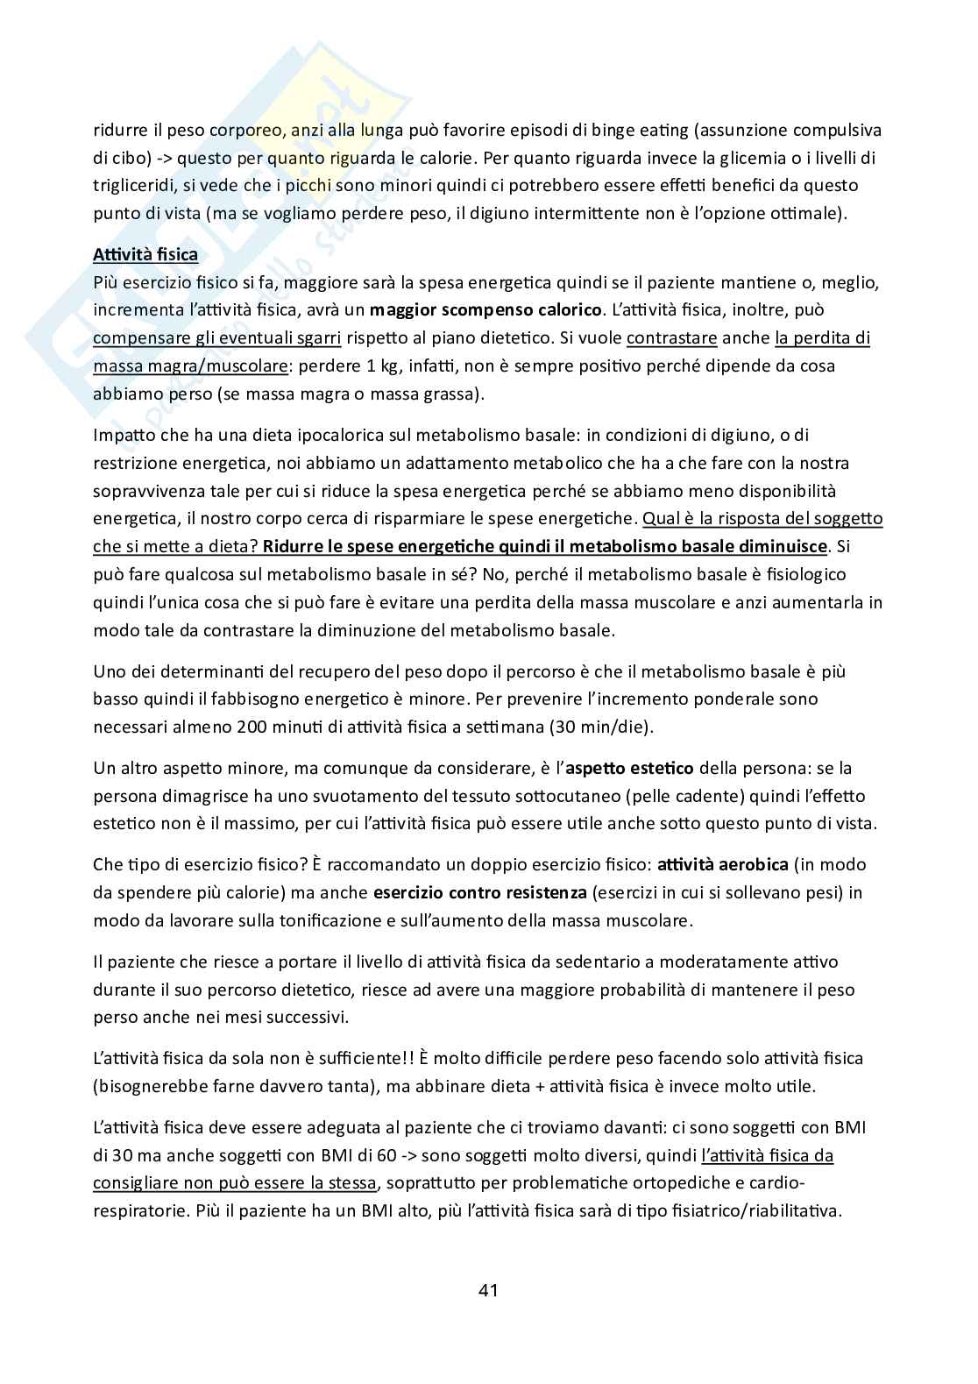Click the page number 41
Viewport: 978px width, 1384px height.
tap(488, 1289)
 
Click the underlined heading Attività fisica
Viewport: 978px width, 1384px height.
tap(145, 255)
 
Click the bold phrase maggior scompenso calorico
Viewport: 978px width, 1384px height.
tap(486, 309)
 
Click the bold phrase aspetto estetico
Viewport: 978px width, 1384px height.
tap(629, 768)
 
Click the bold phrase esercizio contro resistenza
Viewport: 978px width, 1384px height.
tap(479, 893)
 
